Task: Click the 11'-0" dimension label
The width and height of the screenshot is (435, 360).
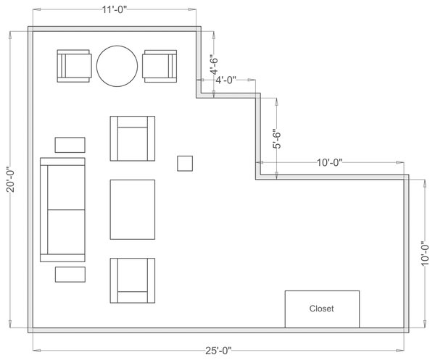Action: [x=112, y=9]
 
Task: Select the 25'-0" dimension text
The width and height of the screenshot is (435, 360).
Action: [x=217, y=351]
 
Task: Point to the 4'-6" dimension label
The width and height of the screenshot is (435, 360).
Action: [x=212, y=66]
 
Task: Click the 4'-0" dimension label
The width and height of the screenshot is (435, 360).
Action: [x=226, y=80]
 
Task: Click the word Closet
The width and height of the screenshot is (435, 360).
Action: [x=321, y=309]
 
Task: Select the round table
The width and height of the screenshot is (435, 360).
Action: [x=117, y=66]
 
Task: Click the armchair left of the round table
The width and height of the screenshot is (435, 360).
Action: [x=74, y=66]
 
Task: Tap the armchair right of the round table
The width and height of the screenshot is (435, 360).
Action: [x=159, y=66]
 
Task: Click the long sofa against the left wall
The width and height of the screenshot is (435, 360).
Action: [x=62, y=209]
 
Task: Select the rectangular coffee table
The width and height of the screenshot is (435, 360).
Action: [x=132, y=209]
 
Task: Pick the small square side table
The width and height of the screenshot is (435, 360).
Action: [x=185, y=163]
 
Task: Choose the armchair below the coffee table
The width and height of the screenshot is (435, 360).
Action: [x=132, y=280]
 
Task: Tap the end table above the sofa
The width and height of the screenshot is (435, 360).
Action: [x=70, y=144]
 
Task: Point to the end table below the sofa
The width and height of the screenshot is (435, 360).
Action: [x=70, y=275]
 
